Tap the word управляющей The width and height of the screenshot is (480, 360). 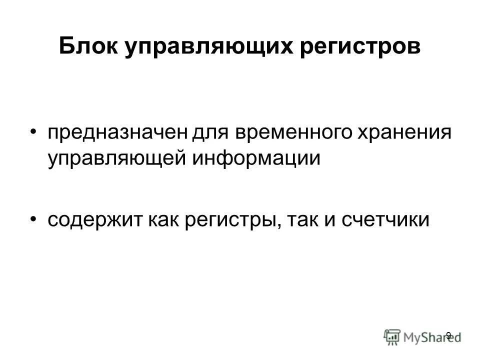pos(117,158)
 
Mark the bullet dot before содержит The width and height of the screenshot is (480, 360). pos(33,218)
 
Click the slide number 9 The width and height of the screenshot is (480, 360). pos(448,335)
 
